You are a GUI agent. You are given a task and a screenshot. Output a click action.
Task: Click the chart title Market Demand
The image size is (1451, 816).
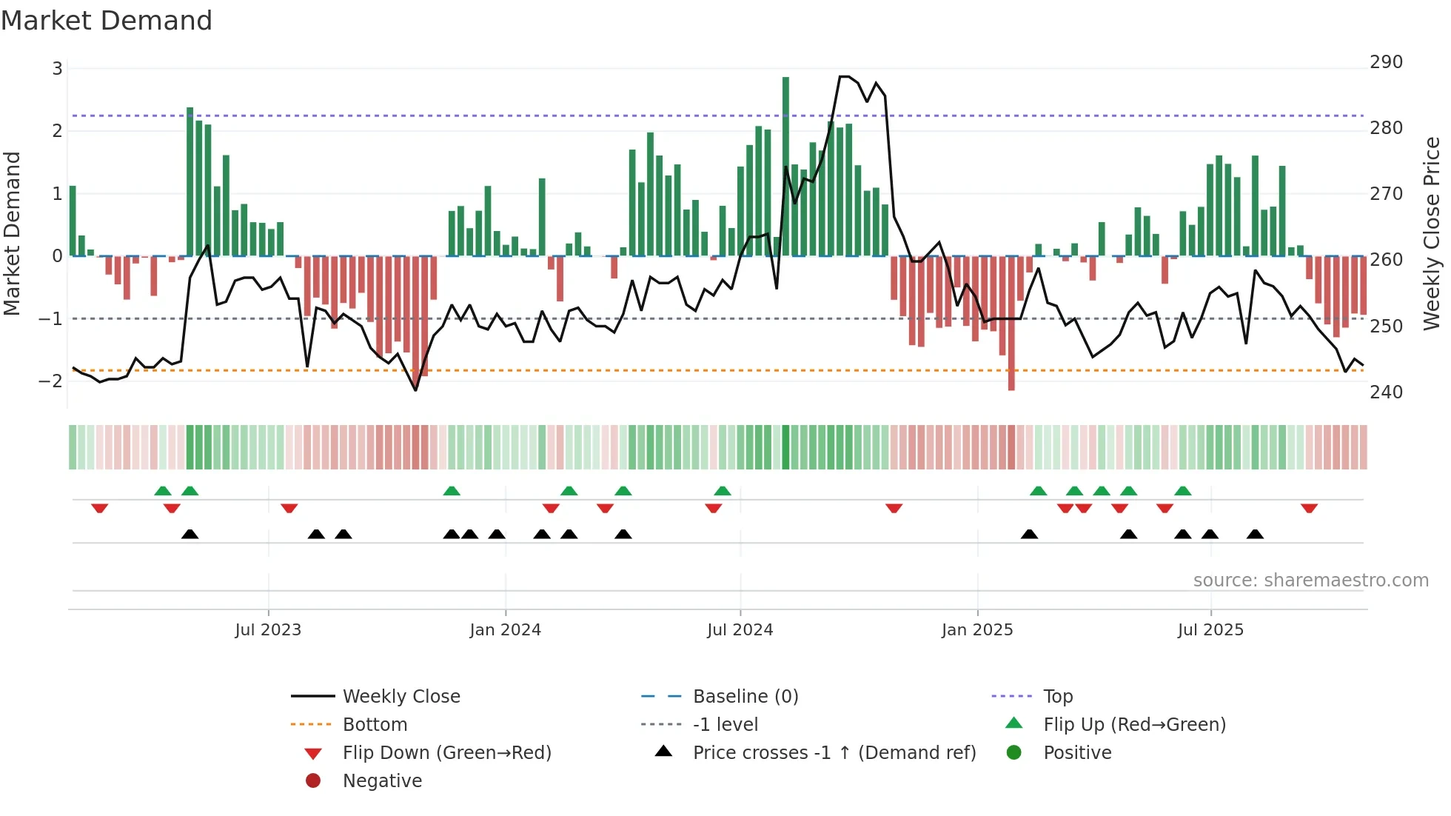pyautogui.click(x=107, y=21)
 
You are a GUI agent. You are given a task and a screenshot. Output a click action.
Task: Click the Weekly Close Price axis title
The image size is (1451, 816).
pyautogui.click(x=1432, y=233)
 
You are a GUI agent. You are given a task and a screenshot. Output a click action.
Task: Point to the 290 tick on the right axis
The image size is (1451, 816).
pyautogui.click(x=1385, y=62)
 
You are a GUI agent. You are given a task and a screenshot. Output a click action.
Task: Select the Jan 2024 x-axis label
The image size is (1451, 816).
pyautogui.click(x=505, y=630)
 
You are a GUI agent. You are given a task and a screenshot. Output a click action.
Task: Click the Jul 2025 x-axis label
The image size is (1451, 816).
pyautogui.click(x=1210, y=630)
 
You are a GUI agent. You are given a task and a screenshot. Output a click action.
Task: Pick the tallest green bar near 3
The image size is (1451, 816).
pyautogui.click(x=785, y=166)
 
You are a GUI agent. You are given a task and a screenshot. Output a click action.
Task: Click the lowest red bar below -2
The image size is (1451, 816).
pyautogui.click(x=1011, y=324)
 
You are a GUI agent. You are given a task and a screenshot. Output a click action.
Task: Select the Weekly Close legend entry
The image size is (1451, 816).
pyautogui.click(x=401, y=697)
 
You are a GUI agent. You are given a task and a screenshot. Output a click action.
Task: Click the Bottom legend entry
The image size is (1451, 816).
pyautogui.click(x=375, y=725)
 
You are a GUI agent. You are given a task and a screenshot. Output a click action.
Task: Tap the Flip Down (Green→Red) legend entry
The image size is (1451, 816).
pyautogui.click(x=446, y=753)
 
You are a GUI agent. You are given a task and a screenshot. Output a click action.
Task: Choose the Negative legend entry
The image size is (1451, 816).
pyautogui.click(x=382, y=781)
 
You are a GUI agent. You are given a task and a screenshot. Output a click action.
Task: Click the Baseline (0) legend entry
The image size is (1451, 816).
pyautogui.click(x=745, y=697)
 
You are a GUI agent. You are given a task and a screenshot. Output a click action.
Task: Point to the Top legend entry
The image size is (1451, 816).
pyautogui.click(x=1057, y=697)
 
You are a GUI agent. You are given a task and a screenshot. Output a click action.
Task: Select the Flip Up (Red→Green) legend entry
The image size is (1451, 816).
pyautogui.click(x=1134, y=725)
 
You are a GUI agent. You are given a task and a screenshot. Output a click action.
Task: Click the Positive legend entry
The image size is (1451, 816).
pyautogui.click(x=1077, y=753)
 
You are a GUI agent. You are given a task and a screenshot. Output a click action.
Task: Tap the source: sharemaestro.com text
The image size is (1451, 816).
pyautogui.click(x=1310, y=581)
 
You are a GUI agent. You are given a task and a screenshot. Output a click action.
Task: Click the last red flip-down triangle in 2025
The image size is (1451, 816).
pyautogui.click(x=1309, y=508)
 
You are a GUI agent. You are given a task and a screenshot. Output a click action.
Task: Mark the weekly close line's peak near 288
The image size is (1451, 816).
pyautogui.click(x=844, y=76)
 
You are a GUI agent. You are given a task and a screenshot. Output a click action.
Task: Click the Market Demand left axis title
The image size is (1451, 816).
pyautogui.click(x=13, y=234)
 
